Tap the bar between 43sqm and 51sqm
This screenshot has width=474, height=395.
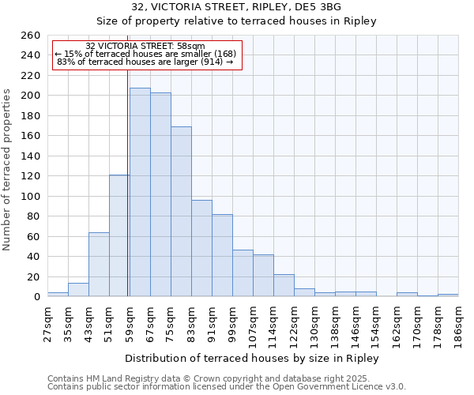(99, 265)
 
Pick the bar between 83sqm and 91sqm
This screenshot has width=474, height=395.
(201, 248)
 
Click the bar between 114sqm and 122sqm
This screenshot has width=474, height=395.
(284, 285)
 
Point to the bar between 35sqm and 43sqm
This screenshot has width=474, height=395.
(78, 290)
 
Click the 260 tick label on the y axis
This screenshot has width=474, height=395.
(30, 36)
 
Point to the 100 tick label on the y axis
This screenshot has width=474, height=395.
(30, 196)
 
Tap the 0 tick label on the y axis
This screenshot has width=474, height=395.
(36, 297)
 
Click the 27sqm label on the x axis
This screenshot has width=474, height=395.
(47, 322)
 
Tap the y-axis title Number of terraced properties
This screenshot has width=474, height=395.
(8, 170)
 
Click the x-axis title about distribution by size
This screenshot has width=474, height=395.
(252, 358)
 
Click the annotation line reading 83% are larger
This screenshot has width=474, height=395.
(145, 62)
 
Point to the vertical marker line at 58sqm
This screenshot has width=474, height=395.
(128, 182)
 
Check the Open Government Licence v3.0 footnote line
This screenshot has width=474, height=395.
(227, 387)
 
